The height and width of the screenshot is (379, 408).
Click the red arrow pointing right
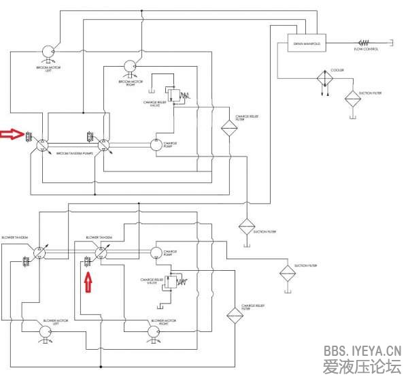pyautogui.click(x=12, y=135)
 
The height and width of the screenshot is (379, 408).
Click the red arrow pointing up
pyautogui.click(x=87, y=280)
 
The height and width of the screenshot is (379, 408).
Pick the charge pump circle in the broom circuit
pyautogui.click(x=156, y=145)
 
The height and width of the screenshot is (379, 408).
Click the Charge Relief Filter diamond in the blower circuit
pyautogui.click(x=234, y=316)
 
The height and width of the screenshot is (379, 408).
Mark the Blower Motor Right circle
pyautogui.click(x=156, y=331)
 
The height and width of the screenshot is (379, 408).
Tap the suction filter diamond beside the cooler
pyautogui.click(x=352, y=99)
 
